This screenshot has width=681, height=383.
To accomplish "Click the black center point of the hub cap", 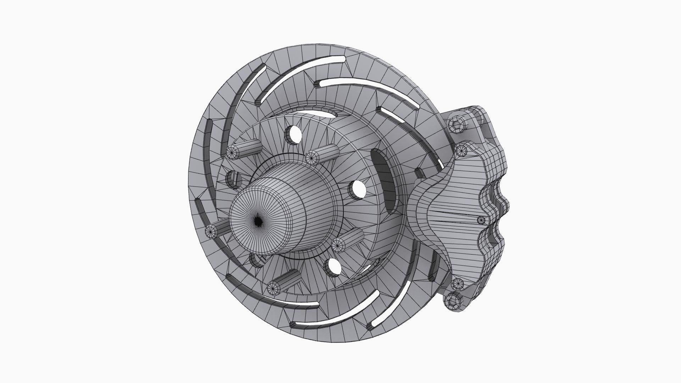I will tap(259, 221).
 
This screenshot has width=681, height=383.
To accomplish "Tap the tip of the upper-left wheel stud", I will tap(232, 152).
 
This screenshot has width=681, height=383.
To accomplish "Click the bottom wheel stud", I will tap(273, 287).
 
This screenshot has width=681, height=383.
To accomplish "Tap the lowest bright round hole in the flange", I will tap(333, 267).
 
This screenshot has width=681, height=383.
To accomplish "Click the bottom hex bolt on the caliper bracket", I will tap(453, 302).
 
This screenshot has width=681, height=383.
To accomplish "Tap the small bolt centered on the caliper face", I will tap(481, 220).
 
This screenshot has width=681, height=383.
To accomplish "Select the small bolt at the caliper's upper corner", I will tap(461, 151).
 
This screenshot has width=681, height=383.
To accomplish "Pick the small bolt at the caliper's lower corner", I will tap(458, 284).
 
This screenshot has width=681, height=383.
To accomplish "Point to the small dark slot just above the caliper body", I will tap(419, 173).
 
